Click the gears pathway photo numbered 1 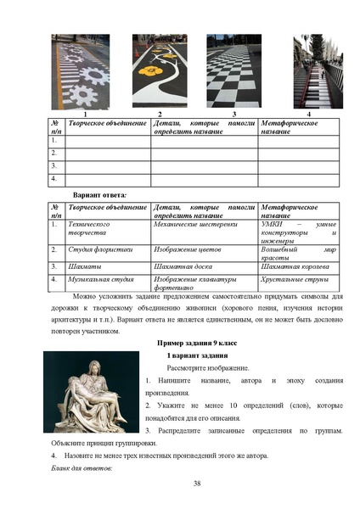(x=84, y=73)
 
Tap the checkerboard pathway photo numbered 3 (x=233, y=73)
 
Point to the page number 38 (x=196, y=484)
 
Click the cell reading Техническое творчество (x=88, y=228)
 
